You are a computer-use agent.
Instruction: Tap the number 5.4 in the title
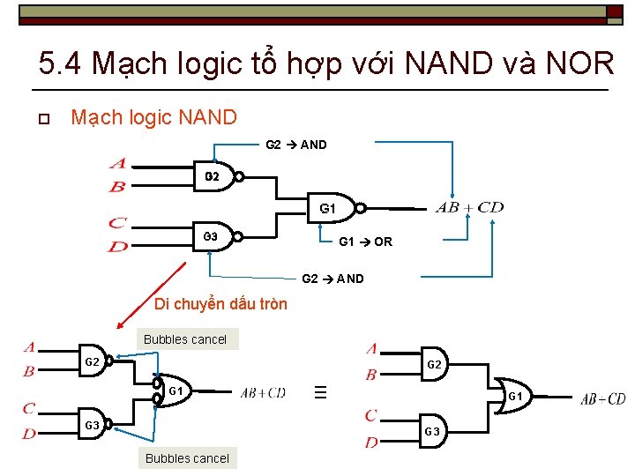pyautogui.click(x=62, y=63)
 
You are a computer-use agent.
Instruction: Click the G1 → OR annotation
pyautogui.click(x=365, y=242)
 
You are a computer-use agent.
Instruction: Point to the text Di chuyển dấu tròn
pyautogui.click(x=220, y=304)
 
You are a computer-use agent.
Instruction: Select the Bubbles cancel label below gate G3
pyautogui.click(x=187, y=457)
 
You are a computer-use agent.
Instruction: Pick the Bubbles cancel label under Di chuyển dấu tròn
pyautogui.click(x=185, y=339)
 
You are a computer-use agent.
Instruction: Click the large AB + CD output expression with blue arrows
pyautogui.click(x=469, y=208)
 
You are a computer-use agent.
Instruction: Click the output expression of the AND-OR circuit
pyautogui.click(x=602, y=399)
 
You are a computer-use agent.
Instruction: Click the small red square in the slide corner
pyautogui.click(x=614, y=11)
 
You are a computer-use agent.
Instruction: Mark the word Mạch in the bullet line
pyautogui.click(x=93, y=117)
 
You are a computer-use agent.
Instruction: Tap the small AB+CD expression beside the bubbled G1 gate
pyautogui.click(x=263, y=392)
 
